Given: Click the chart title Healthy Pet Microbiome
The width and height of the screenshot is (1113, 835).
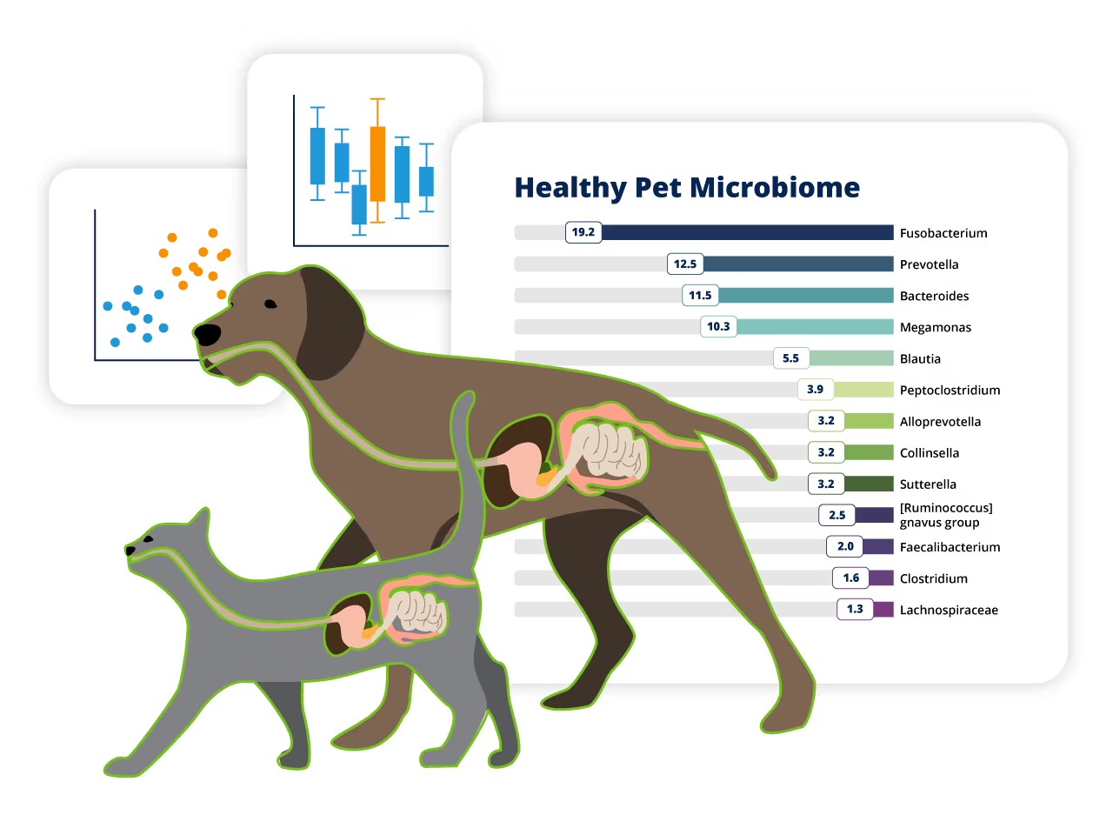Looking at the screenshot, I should pyautogui.click(x=687, y=188).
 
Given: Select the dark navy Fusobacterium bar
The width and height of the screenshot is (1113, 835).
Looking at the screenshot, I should pyautogui.click(x=748, y=232).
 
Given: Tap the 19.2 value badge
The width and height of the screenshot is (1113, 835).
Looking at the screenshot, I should pyautogui.click(x=583, y=232).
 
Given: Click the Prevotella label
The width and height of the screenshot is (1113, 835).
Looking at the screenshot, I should pyautogui.click(x=929, y=264).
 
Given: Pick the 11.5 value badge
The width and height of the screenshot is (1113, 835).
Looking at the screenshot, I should pyautogui.click(x=700, y=296).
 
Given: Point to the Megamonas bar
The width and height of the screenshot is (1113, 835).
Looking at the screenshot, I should pyautogui.click(x=815, y=327).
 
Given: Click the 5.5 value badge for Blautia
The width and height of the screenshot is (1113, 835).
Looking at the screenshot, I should pyautogui.click(x=790, y=358).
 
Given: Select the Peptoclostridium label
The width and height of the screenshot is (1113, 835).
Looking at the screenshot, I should pyautogui.click(x=950, y=391).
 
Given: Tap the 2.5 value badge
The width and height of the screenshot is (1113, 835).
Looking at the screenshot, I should pyautogui.click(x=836, y=515).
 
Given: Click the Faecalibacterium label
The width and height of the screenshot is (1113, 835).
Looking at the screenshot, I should pyautogui.click(x=950, y=547).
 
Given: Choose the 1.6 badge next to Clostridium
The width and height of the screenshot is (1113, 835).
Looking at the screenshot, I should pyautogui.click(x=850, y=578).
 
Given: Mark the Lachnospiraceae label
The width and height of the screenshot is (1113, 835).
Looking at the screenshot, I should pyautogui.click(x=949, y=610).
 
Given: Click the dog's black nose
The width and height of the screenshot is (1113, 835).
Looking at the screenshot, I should pyautogui.click(x=207, y=333).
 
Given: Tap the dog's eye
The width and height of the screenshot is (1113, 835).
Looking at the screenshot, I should pyautogui.click(x=270, y=304).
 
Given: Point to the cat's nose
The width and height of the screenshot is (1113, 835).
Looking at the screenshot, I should pyautogui.click(x=130, y=551).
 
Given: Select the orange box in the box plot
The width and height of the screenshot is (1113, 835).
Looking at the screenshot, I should pyautogui.click(x=377, y=164).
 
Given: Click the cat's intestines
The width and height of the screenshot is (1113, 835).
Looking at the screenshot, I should pyautogui.click(x=417, y=613).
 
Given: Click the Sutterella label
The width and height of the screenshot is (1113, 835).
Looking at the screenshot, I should pyautogui.click(x=928, y=484).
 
